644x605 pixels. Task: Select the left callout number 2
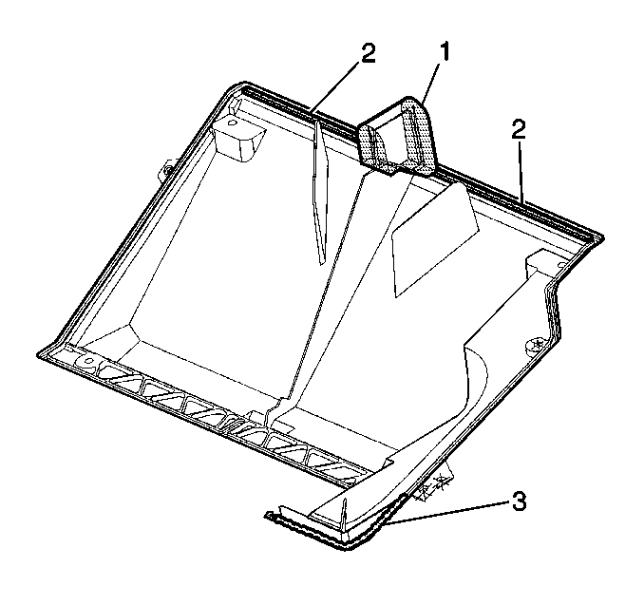(x=368, y=54)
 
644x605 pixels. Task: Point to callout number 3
(x=519, y=501)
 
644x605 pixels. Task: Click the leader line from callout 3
(x=446, y=513)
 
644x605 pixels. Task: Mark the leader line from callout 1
(x=431, y=82)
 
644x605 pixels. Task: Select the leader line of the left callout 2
(x=337, y=86)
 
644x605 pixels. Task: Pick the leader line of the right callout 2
(x=521, y=172)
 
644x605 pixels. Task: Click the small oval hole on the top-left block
(x=233, y=123)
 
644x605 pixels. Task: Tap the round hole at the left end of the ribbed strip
(x=88, y=362)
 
